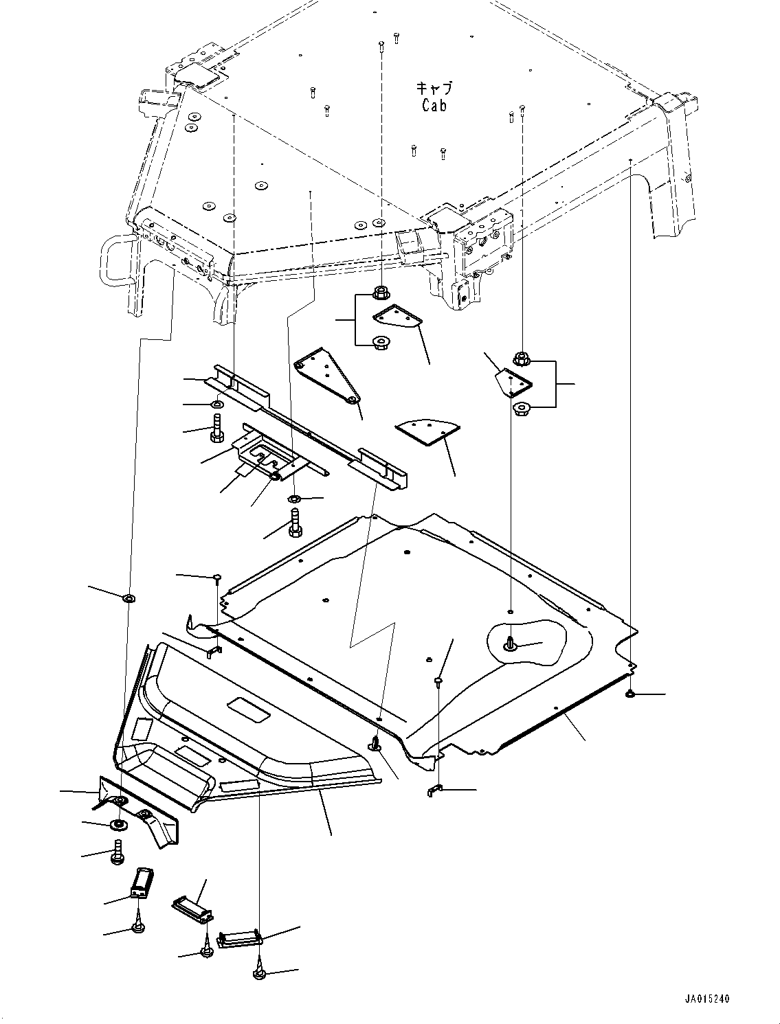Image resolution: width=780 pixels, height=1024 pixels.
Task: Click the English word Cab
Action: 434,106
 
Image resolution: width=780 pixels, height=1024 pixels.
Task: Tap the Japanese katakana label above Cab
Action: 434,89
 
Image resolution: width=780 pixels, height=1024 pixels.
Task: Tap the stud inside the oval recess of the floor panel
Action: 511,644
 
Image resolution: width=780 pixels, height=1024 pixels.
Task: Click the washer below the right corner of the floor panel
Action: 630,696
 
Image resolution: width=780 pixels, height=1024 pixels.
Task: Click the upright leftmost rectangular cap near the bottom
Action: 142,881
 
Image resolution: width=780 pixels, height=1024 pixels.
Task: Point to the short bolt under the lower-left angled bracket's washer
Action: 118,851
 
